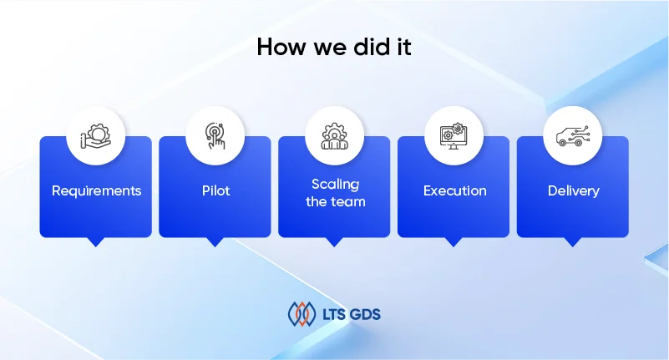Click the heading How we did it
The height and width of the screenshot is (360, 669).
click(334, 47)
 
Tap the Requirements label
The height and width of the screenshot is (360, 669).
click(96, 190)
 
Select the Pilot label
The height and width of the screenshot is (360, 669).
click(215, 190)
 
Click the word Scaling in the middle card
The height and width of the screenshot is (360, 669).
click(336, 185)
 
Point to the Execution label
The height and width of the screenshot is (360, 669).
click(455, 190)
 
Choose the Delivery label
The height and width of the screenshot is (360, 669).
click(574, 190)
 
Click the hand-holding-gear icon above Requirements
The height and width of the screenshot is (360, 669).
click(96, 136)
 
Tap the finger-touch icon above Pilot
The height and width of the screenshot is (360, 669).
click(215, 135)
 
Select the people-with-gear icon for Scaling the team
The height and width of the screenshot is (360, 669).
click(334, 136)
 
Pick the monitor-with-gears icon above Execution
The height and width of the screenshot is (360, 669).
click(454, 136)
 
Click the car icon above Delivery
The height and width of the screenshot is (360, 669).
click(573, 136)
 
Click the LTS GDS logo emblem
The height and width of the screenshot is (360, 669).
click(302, 314)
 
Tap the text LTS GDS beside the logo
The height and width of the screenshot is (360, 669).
click(352, 315)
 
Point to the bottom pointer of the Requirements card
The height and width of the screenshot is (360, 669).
click(96, 242)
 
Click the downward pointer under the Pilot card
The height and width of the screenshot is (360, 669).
click(215, 242)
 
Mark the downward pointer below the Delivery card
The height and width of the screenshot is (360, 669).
click(573, 242)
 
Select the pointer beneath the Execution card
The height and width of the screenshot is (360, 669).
click(454, 242)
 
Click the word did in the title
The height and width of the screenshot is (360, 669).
click(372, 47)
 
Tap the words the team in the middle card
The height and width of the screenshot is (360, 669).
click(336, 201)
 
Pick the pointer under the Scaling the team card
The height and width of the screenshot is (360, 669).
click(334, 242)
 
